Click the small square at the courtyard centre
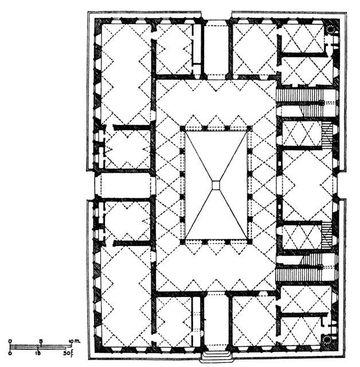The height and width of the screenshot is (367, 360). pyautogui.click(x=216, y=185)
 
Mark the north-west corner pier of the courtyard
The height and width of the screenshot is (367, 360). pyautogui.click(x=183, y=127)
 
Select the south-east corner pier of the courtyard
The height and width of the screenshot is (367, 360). pyautogui.click(x=249, y=243)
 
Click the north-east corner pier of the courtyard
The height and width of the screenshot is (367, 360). pyautogui.click(x=249, y=127)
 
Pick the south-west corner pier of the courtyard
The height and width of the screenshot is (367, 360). pyautogui.click(x=183, y=243)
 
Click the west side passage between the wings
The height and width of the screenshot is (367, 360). pyautogui.click(x=123, y=185)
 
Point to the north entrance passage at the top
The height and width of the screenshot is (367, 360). pyautogui.click(x=216, y=49)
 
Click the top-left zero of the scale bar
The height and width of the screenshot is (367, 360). pyautogui.click(x=10, y=341)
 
